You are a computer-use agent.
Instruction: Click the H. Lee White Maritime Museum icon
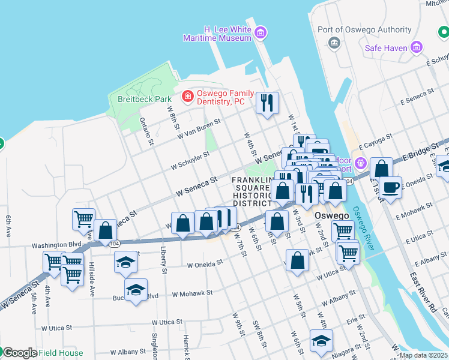[x=260, y=33]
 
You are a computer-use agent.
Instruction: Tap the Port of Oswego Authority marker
[x=334, y=43]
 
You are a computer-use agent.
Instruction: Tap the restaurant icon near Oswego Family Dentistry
[x=267, y=102]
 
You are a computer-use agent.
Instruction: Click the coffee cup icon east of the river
[x=390, y=187]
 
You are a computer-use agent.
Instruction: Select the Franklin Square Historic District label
[x=254, y=192]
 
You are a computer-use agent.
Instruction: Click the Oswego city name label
[x=325, y=215]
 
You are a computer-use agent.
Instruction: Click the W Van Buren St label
[x=200, y=128]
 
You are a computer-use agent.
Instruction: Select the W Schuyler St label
[x=190, y=160]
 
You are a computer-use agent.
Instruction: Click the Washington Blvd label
[x=56, y=245]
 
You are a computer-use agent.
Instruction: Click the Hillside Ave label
[x=92, y=282]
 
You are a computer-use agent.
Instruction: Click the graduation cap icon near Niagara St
[x=321, y=341]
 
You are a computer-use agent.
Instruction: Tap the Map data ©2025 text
[x=424, y=355]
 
